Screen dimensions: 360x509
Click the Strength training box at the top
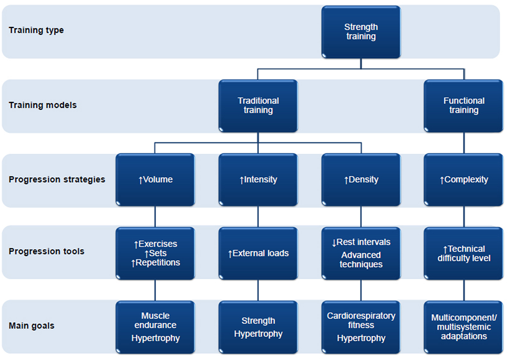click(361, 32)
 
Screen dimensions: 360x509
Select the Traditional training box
click(258, 106)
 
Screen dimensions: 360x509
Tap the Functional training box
click(463, 106)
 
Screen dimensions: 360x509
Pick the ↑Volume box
click(155, 179)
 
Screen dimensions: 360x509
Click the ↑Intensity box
click(258, 179)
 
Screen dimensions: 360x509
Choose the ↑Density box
click(361, 179)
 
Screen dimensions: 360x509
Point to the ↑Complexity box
click(463, 179)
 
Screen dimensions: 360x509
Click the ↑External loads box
click(258, 253)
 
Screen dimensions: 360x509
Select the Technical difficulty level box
click(463, 253)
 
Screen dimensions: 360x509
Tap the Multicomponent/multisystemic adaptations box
click(463, 327)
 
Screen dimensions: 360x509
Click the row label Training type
click(36, 30)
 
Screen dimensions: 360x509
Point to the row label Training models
click(43, 105)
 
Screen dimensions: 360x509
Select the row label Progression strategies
click(57, 179)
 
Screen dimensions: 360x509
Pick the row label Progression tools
click(46, 251)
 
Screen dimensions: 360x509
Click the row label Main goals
click(32, 326)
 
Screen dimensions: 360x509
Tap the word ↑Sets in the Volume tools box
click(155, 253)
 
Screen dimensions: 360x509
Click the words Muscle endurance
click(155, 320)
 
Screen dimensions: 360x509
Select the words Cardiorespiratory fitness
click(361, 320)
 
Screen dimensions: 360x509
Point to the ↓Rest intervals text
click(361, 242)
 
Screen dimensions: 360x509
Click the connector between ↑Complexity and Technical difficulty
click(464, 216)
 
